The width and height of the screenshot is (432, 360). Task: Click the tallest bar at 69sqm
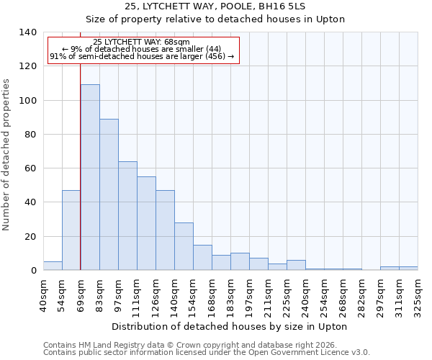pyautogui.click(x=90, y=177)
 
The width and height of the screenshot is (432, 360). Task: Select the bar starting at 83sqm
pyautogui.click(x=109, y=194)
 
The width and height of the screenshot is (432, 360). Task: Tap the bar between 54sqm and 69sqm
pyautogui.click(x=71, y=230)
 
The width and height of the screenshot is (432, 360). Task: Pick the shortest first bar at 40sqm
pyautogui.click(x=53, y=266)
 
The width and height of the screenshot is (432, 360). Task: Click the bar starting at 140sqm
pyautogui.click(x=184, y=246)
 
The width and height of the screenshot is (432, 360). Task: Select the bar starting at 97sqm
pyautogui.click(x=127, y=216)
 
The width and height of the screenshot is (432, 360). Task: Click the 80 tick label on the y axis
pyautogui.click(x=31, y=135)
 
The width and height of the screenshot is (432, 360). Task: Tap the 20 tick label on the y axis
pyautogui.click(x=31, y=237)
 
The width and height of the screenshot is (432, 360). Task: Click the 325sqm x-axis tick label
pyautogui.click(x=418, y=295)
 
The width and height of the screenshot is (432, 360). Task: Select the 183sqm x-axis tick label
pyautogui.click(x=230, y=295)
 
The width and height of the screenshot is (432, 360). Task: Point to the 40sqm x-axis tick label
pyautogui.click(x=43, y=295)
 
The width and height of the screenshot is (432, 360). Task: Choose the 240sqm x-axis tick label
pyautogui.click(x=305, y=295)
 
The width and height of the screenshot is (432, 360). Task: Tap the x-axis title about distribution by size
pyautogui.click(x=230, y=326)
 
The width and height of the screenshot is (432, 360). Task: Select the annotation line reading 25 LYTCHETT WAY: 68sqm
pyautogui.click(x=142, y=42)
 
